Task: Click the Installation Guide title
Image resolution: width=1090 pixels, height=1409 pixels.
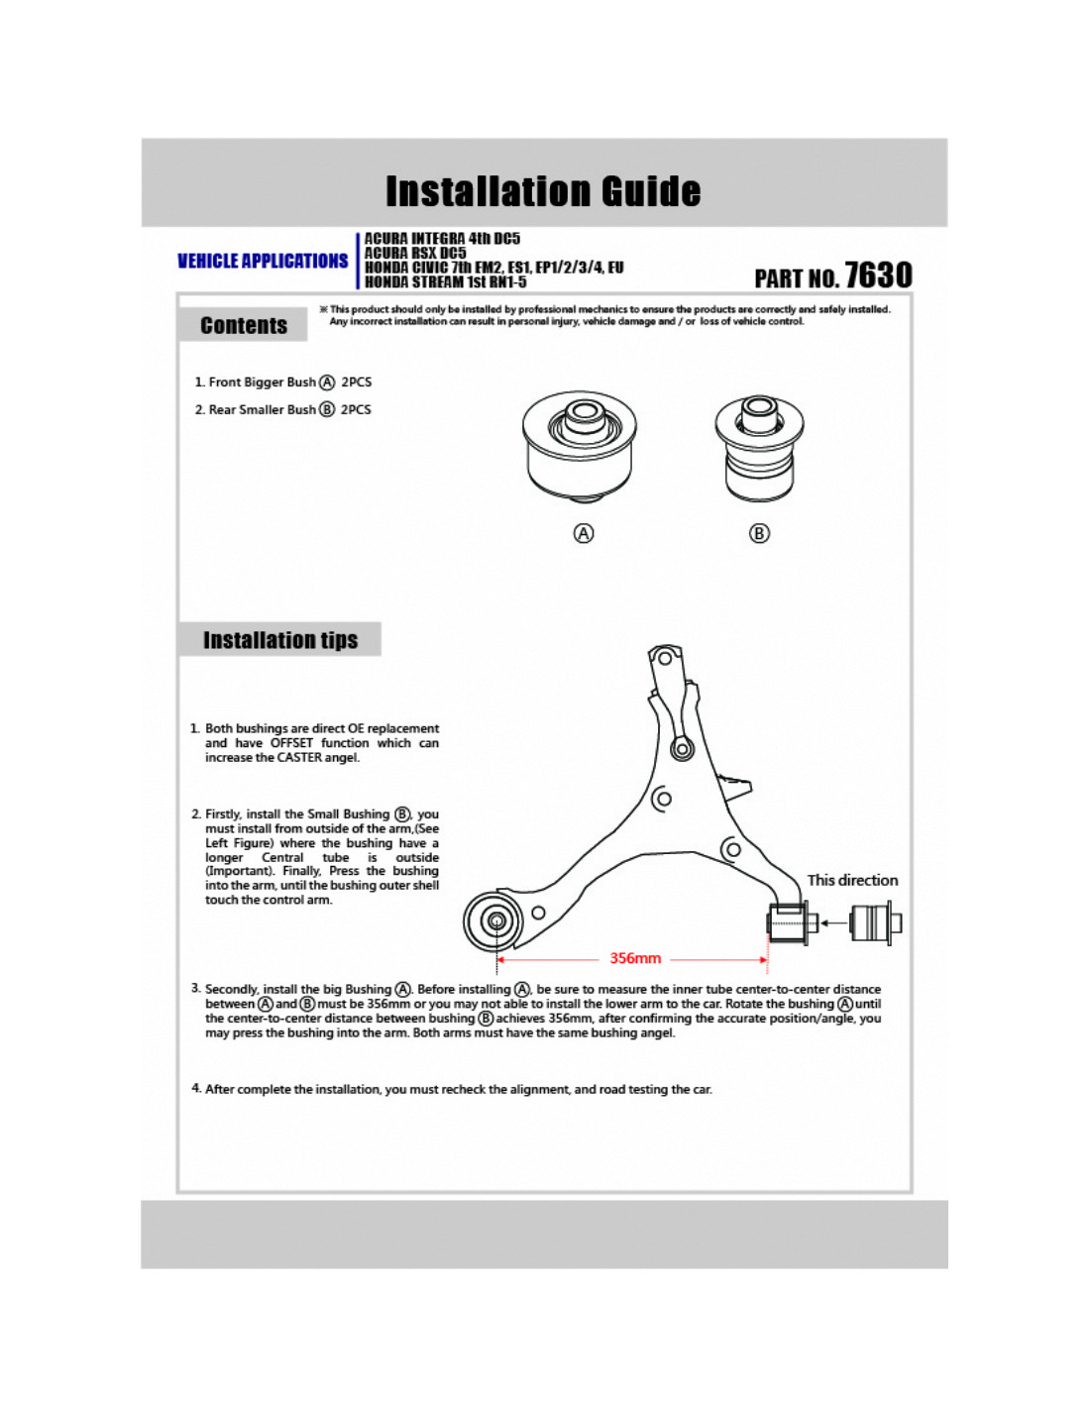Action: click(x=543, y=191)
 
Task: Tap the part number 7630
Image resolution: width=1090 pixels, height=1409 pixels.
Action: click(x=878, y=275)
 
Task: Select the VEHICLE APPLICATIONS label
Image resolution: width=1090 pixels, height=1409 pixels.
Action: click(x=263, y=261)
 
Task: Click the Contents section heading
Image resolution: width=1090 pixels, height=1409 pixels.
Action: click(x=244, y=325)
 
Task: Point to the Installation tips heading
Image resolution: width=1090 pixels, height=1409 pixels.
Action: click(x=280, y=640)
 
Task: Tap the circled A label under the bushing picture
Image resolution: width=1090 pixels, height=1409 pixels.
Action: click(x=584, y=533)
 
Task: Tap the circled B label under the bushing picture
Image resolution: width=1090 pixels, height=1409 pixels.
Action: click(x=759, y=533)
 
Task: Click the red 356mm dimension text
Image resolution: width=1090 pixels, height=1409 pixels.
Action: click(x=635, y=958)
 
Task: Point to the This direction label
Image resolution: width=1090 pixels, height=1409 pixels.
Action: click(x=852, y=880)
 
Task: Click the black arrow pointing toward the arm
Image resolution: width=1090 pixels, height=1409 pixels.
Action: click(x=833, y=923)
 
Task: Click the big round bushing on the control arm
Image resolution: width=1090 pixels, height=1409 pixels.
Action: click(x=494, y=921)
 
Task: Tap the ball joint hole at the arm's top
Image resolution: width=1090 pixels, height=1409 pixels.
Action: click(x=664, y=658)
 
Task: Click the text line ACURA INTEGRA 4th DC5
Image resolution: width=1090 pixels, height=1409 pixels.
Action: click(x=442, y=239)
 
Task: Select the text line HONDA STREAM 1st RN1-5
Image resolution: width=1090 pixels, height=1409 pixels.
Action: click(x=445, y=282)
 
